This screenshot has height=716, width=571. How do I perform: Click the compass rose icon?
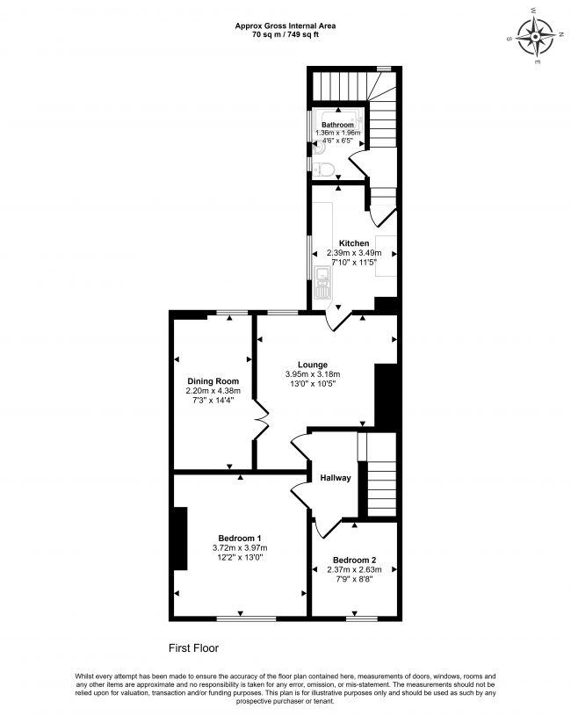pos(535,35)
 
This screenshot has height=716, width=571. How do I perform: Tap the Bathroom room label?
pos(337,125)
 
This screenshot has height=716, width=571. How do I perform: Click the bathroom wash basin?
pos(319,148)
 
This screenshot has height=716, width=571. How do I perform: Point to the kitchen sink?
pos(322,282)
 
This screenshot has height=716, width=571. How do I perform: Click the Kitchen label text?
pos(354,243)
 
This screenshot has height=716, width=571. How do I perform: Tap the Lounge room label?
pos(313,365)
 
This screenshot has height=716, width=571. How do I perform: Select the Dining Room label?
pos(213,381)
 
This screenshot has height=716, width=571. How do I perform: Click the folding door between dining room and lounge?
pos(262,420)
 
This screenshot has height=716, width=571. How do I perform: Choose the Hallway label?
pos(336,478)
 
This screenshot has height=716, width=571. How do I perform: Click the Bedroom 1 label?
pos(240,539)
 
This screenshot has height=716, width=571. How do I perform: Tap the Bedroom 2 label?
pos(354,561)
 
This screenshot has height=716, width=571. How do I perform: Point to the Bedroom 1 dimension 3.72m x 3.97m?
pos(240,548)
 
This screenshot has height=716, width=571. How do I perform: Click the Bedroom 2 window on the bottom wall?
pos(362,618)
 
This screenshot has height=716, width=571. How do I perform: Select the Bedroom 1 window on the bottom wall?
pos(247,618)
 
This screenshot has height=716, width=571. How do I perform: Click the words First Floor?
pos(193,648)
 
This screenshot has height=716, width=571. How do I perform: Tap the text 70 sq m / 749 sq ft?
pos(285,34)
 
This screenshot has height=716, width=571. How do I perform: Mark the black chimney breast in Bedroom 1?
pos(181,539)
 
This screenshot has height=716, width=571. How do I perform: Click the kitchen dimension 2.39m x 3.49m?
pos(354,253)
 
